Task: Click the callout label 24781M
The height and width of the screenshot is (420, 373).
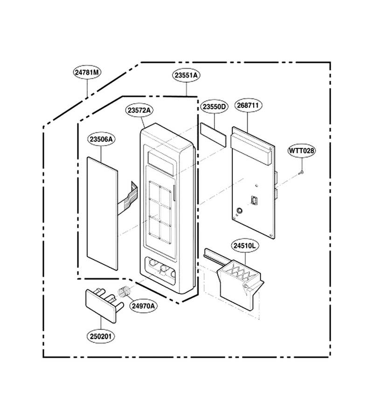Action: pyautogui.click(x=87, y=72)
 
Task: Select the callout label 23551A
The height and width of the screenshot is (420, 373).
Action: pyautogui.click(x=186, y=75)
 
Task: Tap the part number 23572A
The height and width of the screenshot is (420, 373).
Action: pyautogui.click(x=140, y=110)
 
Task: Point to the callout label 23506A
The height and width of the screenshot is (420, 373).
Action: pyautogui.click(x=102, y=139)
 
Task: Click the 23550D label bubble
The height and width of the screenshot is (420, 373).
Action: pyautogui.click(x=214, y=107)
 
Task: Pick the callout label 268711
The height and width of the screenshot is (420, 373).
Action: pyautogui.click(x=248, y=105)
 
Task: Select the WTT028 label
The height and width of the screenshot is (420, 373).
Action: pyautogui.click(x=302, y=151)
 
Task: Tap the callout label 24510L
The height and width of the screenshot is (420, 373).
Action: pyautogui.click(x=245, y=245)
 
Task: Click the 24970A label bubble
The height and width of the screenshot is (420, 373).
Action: pyautogui.click(x=144, y=306)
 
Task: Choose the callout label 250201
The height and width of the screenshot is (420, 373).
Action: pyautogui.click(x=101, y=336)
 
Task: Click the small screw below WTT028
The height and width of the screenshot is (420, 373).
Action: pyautogui.click(x=301, y=173)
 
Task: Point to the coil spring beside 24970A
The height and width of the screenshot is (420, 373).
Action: pyautogui.click(x=124, y=292)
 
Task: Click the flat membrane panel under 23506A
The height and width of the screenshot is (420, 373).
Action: pyautogui.click(x=102, y=213)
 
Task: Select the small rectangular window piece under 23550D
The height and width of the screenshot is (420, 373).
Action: pyautogui.click(x=213, y=134)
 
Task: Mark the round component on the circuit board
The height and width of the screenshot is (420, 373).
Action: pyautogui.click(x=239, y=210)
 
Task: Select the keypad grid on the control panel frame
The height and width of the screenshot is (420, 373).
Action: pyautogui.click(x=160, y=212)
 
